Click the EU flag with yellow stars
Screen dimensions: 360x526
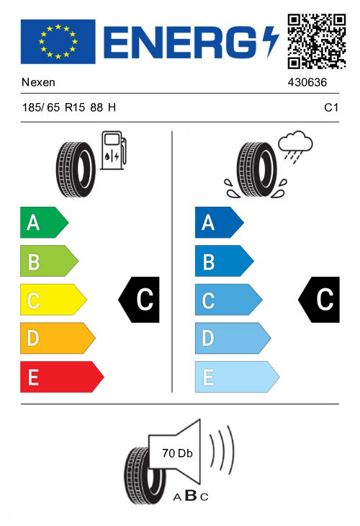(58, 42)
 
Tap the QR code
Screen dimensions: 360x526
(316, 42)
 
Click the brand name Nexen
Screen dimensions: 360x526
(38, 82)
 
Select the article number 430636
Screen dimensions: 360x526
(307, 82)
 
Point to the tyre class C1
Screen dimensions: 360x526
(331, 107)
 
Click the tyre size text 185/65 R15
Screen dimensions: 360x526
(53, 107)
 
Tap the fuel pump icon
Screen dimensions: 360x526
(113, 150)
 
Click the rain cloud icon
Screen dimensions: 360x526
(295, 146)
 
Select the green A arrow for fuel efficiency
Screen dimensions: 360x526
(44, 223)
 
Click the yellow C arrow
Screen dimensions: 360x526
(53, 300)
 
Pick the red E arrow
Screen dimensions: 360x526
(62, 377)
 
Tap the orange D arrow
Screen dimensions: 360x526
(58, 338)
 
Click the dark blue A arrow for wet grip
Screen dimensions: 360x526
(219, 223)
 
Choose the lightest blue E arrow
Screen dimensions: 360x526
(237, 377)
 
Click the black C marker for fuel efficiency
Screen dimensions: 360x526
(139, 300)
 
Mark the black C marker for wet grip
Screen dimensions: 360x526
(319, 300)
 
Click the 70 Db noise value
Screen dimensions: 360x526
(177, 453)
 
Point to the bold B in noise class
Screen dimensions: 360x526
(191, 495)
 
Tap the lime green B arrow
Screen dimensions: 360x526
(49, 261)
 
